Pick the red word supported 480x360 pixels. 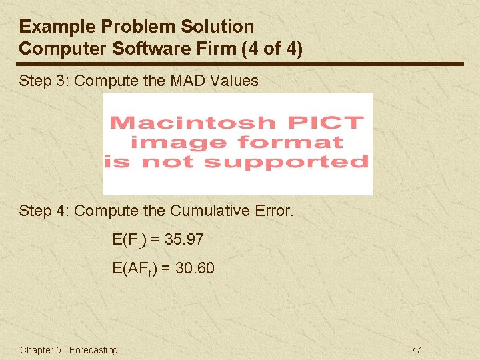[x=287, y=162]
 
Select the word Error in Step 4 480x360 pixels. [x=273, y=211]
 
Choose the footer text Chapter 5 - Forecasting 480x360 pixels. [x=69, y=350]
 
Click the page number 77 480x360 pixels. [x=416, y=350]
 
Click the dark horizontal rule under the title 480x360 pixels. [x=240, y=64]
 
